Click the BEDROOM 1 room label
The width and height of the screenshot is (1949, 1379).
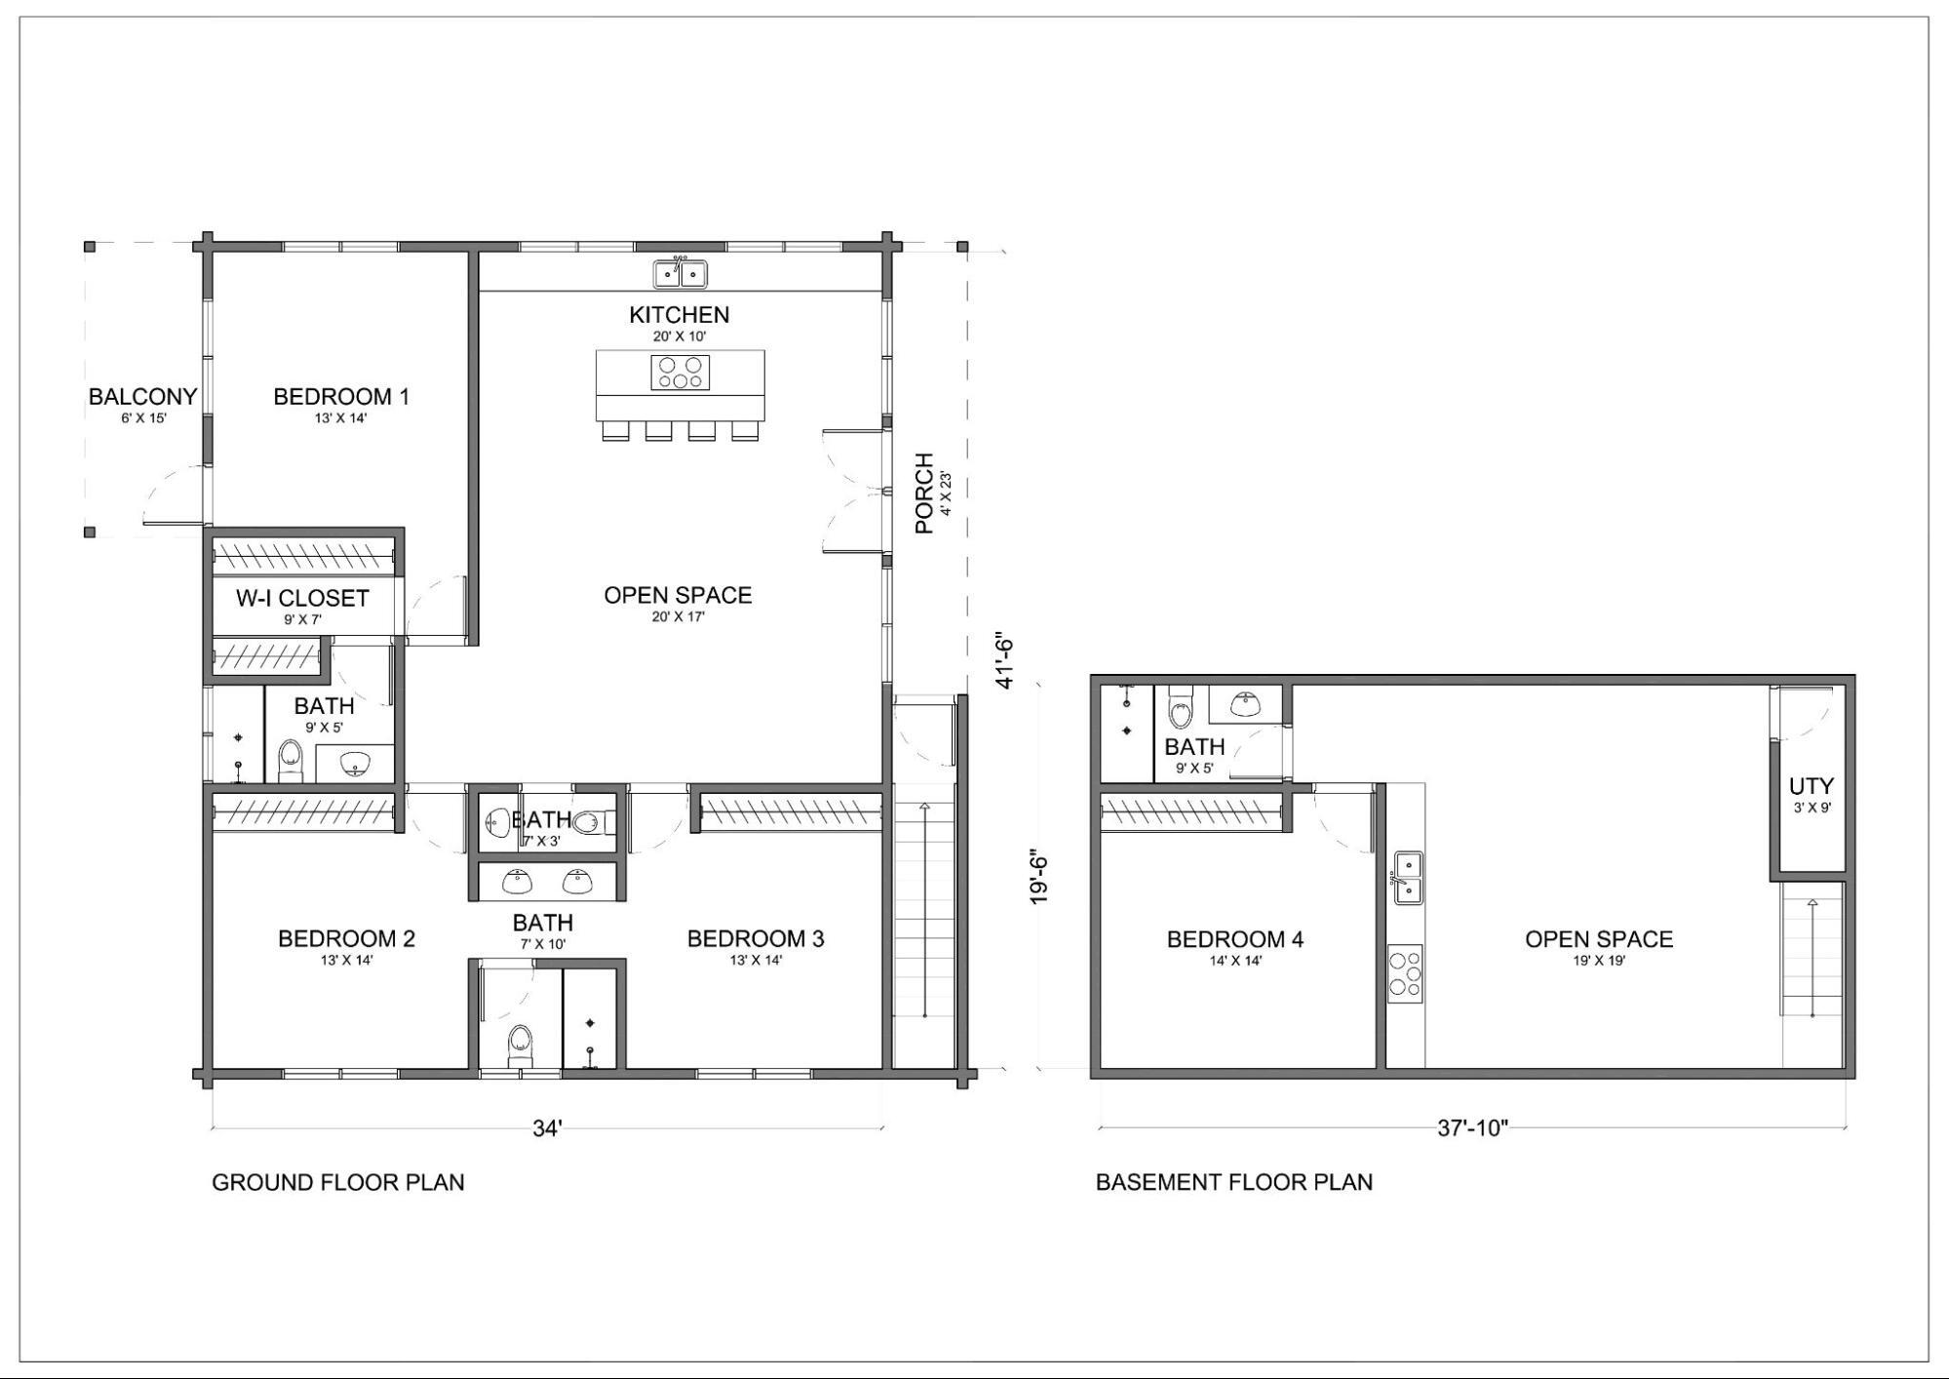pos(341,397)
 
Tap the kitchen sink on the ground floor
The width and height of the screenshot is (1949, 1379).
pos(680,273)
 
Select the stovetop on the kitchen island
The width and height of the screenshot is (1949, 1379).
pos(681,373)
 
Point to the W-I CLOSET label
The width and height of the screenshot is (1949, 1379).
pos(302,598)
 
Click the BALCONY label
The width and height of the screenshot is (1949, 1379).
pos(143,397)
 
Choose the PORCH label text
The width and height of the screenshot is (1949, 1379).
pos(924,493)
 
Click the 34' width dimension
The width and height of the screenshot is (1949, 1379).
pos(547,1128)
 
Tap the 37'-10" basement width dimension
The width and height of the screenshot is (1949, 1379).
pos(1472,1128)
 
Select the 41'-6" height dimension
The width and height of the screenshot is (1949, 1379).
pos(1005,660)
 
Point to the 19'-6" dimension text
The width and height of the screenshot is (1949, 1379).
pos(1040,879)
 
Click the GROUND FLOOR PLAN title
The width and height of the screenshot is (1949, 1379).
pos(338,1182)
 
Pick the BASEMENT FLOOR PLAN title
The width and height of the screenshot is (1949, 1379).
pos(1234,1182)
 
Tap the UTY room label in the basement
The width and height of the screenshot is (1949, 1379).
pos(1812,786)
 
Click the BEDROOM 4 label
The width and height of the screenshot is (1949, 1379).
pos(1235,939)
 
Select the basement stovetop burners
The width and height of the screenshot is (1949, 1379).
pos(1405,973)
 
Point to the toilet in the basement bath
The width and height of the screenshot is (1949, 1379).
pos(1181,707)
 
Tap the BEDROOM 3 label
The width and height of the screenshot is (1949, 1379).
pos(756,939)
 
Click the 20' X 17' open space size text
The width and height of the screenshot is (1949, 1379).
pos(678,616)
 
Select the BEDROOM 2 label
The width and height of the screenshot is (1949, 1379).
pos(346,939)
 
